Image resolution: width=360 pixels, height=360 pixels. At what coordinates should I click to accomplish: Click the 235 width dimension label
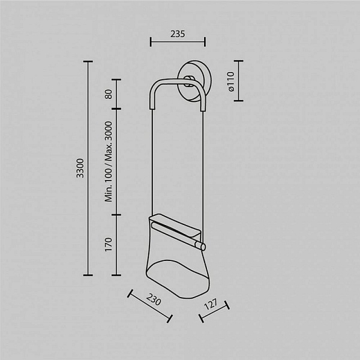[x=178, y=34]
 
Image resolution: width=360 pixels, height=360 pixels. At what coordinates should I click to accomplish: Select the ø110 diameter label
[x=232, y=81]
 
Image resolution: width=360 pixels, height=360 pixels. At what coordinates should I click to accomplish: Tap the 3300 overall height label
[x=80, y=168]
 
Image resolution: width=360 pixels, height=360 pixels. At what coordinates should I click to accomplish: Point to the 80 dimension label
[x=109, y=94]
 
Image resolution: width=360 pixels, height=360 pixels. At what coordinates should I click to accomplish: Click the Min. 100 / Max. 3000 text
[x=109, y=161]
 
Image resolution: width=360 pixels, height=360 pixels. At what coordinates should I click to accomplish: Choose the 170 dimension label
[x=109, y=245]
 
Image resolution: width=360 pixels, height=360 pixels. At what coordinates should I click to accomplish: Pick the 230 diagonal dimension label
[x=154, y=299]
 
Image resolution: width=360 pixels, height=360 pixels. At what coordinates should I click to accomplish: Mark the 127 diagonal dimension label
[x=211, y=304]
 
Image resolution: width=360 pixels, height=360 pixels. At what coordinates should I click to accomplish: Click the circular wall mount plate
[x=194, y=80]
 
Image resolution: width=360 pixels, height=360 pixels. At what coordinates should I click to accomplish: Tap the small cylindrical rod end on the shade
[x=203, y=247]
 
